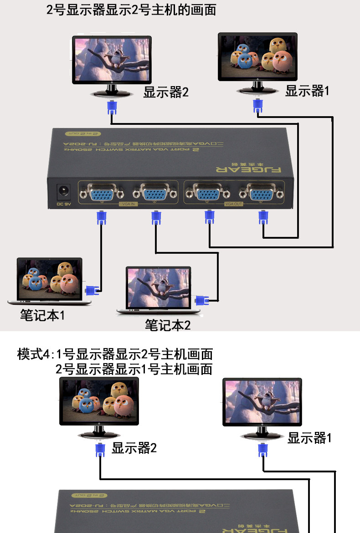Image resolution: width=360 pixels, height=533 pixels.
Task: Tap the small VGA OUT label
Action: [x=234, y=205]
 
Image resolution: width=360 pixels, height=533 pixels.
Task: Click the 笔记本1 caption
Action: [x=42, y=315]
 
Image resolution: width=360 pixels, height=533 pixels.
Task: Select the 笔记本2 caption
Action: [x=167, y=325]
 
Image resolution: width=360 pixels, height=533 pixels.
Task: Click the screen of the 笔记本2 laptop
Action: [x=159, y=287]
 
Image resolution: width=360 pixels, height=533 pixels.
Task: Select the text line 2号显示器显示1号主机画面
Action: [x=134, y=369]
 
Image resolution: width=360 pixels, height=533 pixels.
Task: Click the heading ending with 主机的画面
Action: [x=131, y=9]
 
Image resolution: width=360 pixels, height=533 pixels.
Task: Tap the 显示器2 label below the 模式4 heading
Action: [x=134, y=448]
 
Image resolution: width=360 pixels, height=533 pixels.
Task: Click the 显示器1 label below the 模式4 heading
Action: [x=309, y=438]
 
